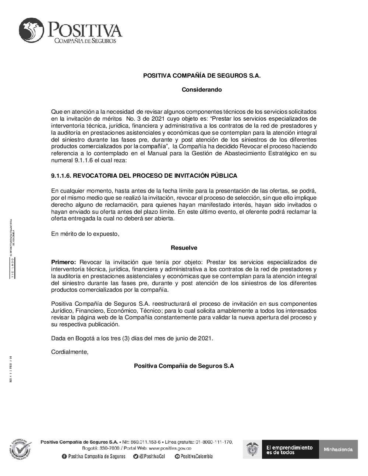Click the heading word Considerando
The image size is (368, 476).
(202, 89)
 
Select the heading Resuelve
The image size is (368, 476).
(184, 248)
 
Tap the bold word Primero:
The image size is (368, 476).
(63, 262)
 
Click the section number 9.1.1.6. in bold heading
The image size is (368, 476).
(61, 176)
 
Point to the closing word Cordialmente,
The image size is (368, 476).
(70, 352)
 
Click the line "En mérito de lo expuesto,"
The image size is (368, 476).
(85, 234)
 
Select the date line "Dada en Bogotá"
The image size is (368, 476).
(132, 338)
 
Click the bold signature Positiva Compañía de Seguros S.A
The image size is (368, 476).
(184, 366)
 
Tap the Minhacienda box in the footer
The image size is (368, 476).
(338, 449)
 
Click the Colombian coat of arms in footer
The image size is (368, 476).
(252, 449)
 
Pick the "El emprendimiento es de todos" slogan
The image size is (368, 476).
(289, 450)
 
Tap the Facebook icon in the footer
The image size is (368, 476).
(64, 457)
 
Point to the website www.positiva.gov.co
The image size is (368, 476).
(170, 448)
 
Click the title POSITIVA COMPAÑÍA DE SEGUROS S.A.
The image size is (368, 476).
(202, 75)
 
